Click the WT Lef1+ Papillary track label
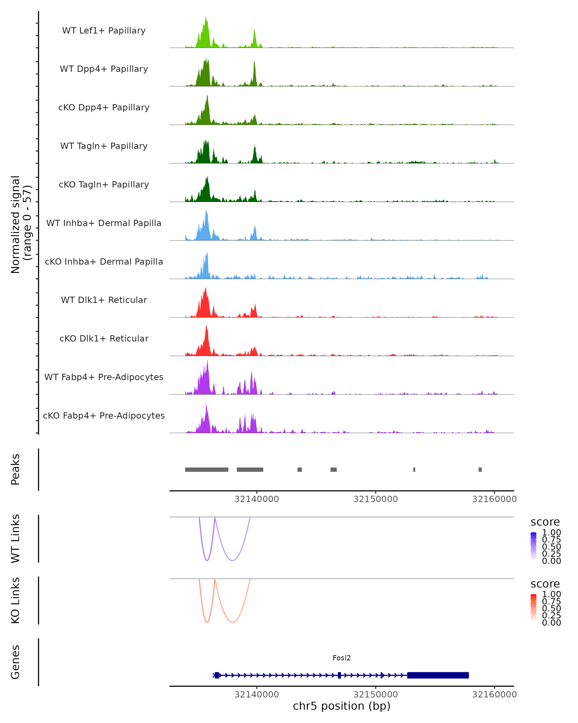(104, 31)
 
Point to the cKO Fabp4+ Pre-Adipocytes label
(104, 415)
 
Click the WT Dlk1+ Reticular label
(104, 300)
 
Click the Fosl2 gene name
(342, 658)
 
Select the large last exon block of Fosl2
(438, 675)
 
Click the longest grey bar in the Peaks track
(206, 469)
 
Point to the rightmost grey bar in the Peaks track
(480, 469)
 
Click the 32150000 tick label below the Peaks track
(376, 499)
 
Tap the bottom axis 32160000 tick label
(494, 695)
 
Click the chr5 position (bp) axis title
(342, 706)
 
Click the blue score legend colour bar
(533, 546)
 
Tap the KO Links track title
(15, 600)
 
